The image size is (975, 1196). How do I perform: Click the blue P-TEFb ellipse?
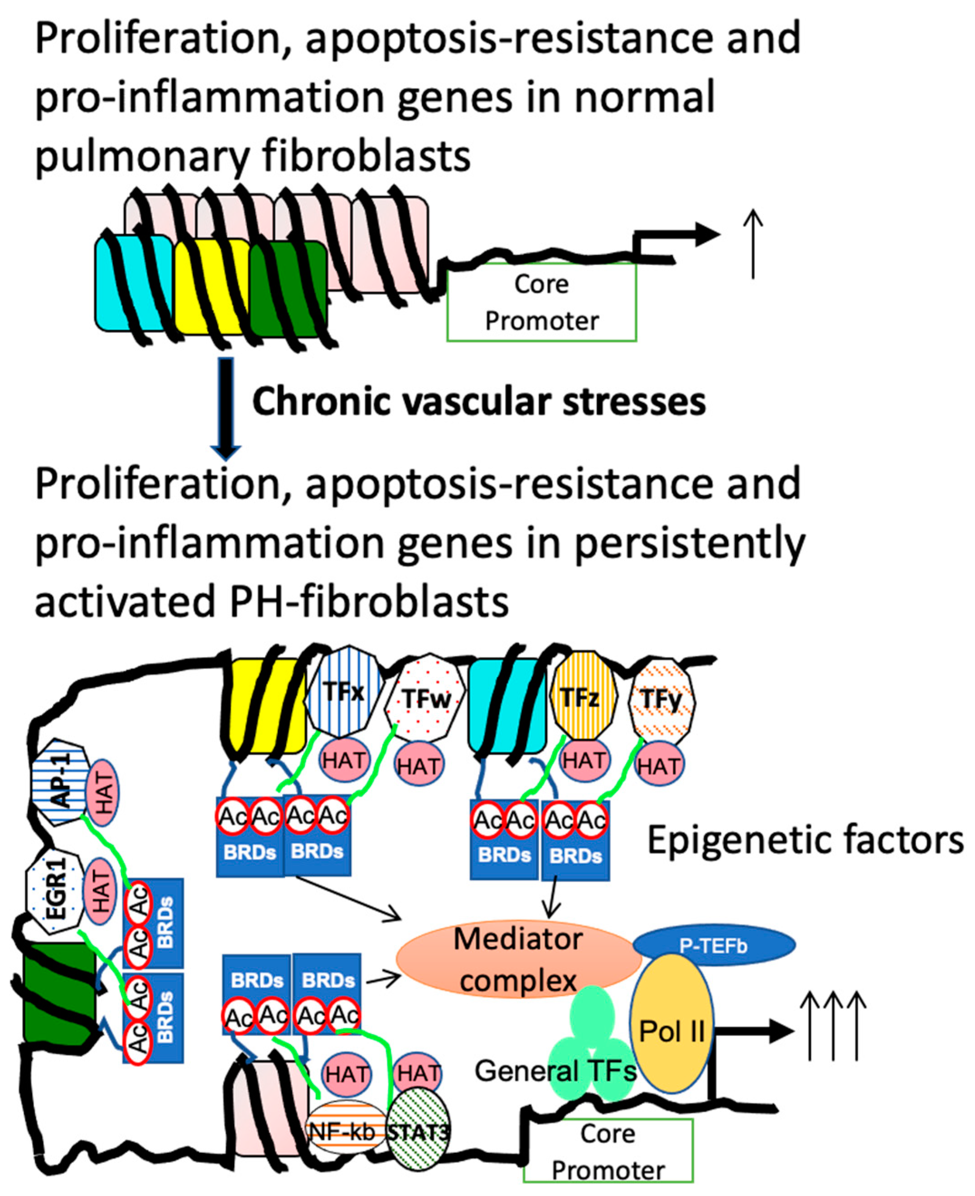point(714,945)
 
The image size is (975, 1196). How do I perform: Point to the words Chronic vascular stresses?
point(479,402)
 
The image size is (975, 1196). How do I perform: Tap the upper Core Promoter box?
point(542,302)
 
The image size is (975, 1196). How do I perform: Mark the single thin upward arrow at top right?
point(753,244)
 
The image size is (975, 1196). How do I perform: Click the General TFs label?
point(555,1071)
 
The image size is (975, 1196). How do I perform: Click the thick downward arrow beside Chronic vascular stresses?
point(226,409)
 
